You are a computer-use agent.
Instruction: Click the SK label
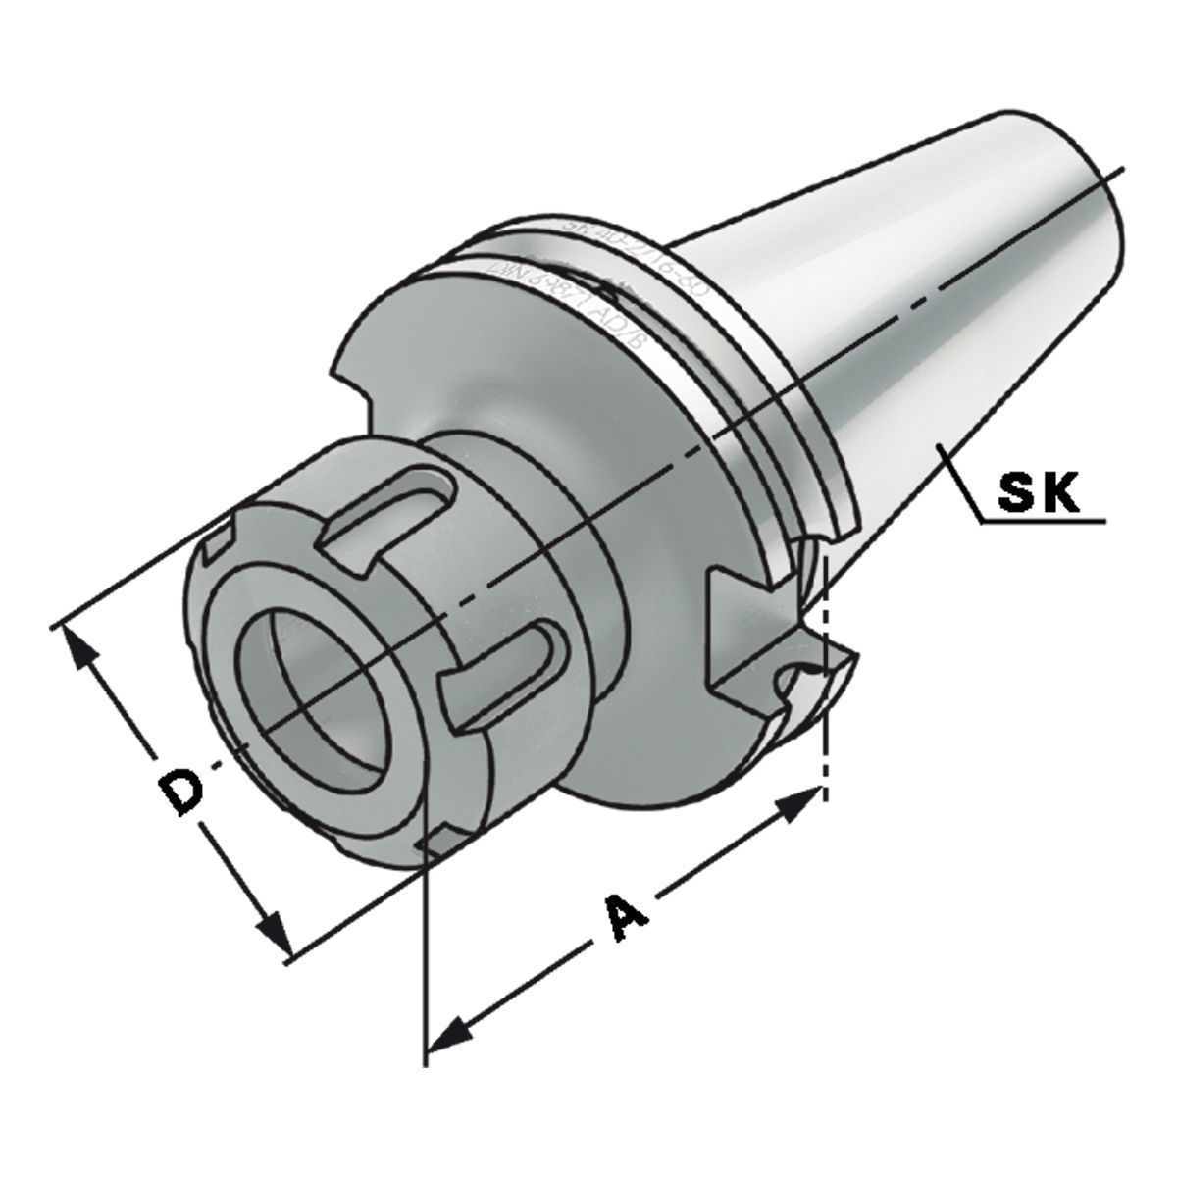pos(1036,492)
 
